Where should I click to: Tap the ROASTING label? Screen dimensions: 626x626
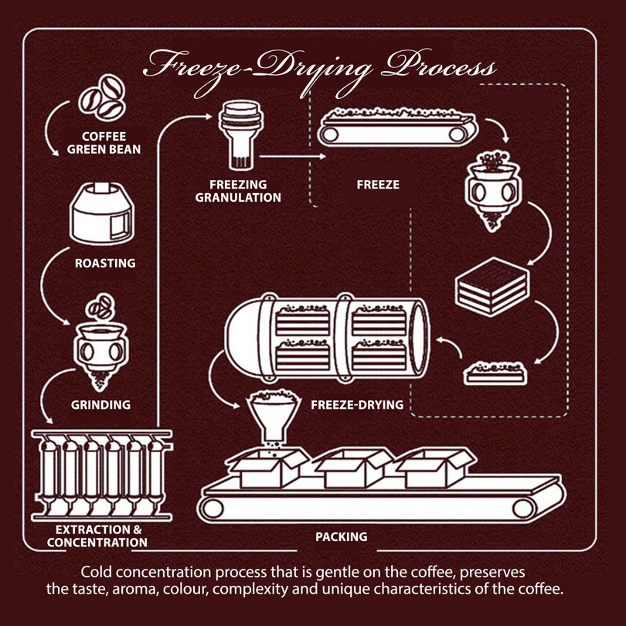pos(105,264)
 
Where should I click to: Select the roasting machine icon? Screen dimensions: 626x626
pos(103,211)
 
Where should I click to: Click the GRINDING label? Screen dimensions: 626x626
pos(101,404)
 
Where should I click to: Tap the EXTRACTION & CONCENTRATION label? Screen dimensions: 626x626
pos(97,536)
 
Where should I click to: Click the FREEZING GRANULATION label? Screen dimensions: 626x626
pos(243,191)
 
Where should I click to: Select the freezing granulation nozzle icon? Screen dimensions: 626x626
pos(238,132)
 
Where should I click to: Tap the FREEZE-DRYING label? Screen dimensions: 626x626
pos(358,404)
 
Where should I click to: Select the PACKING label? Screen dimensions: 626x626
pos(341,536)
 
